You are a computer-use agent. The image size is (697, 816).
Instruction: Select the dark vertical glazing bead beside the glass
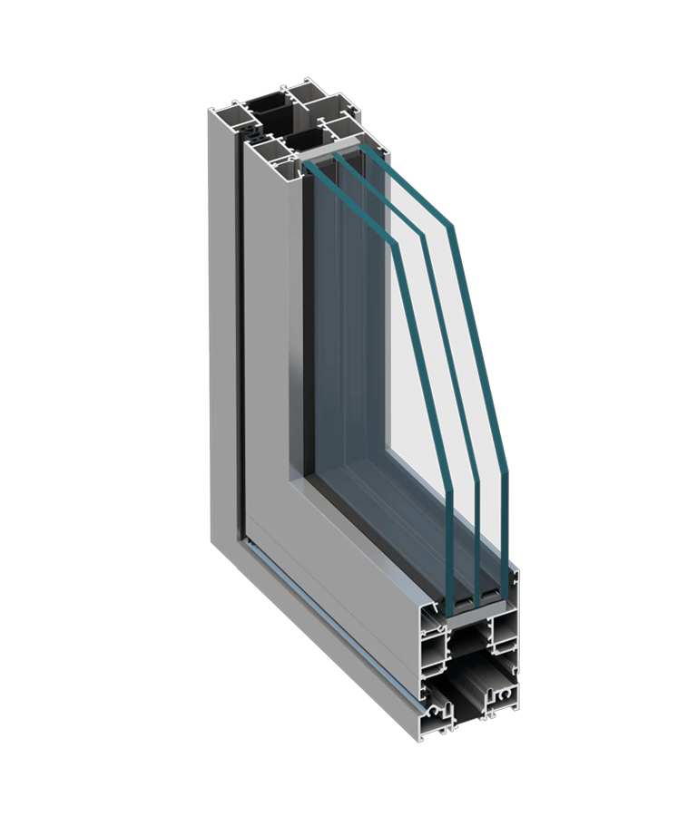pos(309,317)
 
